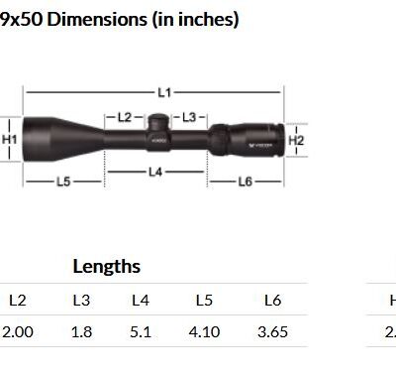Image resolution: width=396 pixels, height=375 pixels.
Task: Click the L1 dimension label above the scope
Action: point(164,92)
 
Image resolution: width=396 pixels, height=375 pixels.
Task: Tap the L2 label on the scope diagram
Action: point(125,117)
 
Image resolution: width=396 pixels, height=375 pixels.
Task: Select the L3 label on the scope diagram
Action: point(189,117)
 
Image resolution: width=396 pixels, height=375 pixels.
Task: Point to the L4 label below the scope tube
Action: point(155,172)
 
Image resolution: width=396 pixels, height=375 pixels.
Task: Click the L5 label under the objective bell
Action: point(63,182)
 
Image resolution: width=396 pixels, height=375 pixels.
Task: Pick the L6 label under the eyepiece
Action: point(246,182)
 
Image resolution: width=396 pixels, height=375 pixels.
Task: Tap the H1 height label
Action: point(9,139)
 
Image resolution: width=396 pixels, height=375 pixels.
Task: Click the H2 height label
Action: point(296,141)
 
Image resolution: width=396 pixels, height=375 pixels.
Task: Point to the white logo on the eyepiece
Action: point(260,145)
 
